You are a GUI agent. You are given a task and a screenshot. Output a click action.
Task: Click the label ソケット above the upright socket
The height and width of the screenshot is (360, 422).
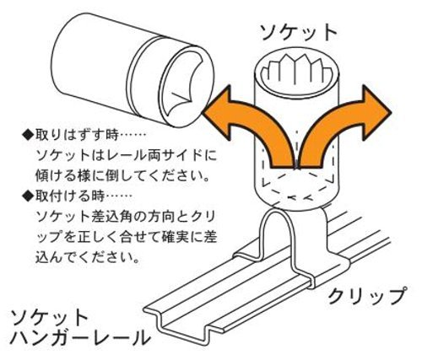click(299, 33)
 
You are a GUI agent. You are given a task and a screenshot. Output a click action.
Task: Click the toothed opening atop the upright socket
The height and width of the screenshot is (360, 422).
click(297, 74)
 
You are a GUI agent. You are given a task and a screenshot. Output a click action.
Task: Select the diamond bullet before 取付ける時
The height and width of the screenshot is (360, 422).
click(28, 196)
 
